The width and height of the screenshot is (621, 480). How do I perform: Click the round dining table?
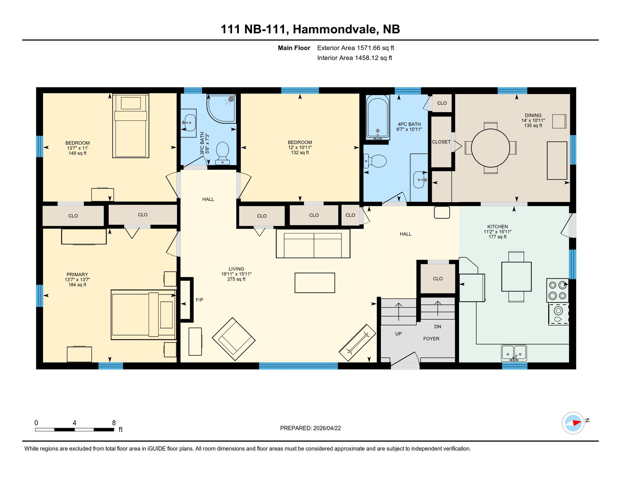490,148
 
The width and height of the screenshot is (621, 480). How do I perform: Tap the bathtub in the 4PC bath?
378,117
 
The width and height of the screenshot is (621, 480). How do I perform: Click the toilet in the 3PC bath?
222,152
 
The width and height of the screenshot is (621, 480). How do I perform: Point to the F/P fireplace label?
199,300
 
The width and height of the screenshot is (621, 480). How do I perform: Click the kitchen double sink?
514,353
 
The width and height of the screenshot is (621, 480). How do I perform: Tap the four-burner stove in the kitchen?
558,290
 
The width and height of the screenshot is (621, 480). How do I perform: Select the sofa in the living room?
313,244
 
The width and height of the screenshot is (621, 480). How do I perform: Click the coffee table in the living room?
315,283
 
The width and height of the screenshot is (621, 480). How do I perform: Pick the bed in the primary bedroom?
143,315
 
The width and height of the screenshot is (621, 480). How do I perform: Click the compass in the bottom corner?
573,423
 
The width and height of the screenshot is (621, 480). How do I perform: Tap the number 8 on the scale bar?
114,423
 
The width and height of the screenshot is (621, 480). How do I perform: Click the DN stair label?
438,327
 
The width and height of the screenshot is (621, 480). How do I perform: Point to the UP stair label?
398,334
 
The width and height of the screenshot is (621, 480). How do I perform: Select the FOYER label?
431,339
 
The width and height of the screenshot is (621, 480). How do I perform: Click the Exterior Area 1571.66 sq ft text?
355,48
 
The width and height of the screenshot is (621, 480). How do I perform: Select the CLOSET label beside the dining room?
441,142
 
